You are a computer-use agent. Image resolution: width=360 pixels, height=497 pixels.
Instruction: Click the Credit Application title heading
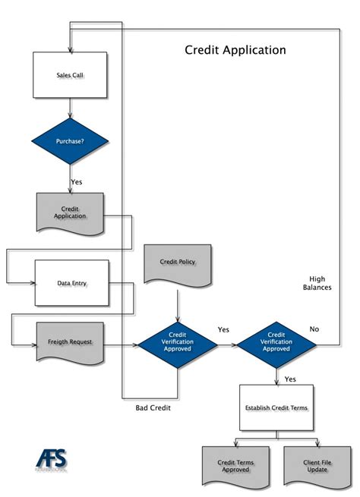(x=235, y=50)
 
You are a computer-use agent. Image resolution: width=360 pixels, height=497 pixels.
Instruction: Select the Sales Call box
(x=70, y=76)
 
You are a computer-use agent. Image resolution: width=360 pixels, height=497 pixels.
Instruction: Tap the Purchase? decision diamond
(x=70, y=141)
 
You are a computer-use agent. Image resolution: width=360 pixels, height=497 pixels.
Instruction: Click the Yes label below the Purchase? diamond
(x=77, y=182)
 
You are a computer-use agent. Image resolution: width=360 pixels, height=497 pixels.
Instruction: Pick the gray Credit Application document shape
(x=70, y=212)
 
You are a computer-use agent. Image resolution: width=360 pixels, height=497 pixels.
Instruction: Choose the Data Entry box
(x=72, y=283)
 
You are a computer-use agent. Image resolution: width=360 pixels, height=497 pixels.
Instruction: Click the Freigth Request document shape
(x=70, y=341)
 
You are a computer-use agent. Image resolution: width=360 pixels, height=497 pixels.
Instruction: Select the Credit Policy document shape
(x=178, y=263)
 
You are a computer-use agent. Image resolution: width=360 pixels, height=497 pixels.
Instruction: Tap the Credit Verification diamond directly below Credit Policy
(x=177, y=344)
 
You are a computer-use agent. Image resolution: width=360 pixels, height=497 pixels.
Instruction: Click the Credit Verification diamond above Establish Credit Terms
(x=276, y=344)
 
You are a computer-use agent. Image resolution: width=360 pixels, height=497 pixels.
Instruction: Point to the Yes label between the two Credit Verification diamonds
(x=223, y=329)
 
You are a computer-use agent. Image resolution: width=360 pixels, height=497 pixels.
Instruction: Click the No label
(x=314, y=329)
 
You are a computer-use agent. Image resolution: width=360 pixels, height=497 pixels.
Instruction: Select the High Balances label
(x=317, y=283)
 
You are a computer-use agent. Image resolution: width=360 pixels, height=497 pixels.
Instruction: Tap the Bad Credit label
(x=153, y=407)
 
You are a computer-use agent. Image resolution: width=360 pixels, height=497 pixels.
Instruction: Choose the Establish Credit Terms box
(x=276, y=408)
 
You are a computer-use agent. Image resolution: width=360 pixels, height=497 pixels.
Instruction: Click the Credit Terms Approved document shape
(x=235, y=466)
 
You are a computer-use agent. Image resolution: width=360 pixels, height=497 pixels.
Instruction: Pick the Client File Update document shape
(x=317, y=466)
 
